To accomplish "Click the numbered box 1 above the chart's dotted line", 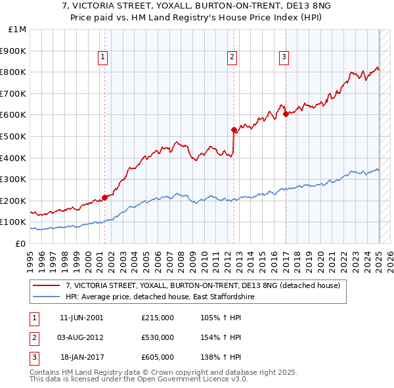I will pyautogui.click(x=104, y=58).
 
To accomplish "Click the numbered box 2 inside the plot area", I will pyautogui.click(x=232, y=58).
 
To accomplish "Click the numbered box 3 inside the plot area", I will pyautogui.click(x=284, y=58).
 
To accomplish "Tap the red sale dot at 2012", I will pyautogui.click(x=233, y=130).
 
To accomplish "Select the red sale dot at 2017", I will pyautogui.click(x=285, y=114).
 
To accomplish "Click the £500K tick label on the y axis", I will pyautogui.click(x=14, y=136).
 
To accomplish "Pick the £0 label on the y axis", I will pyautogui.click(x=20, y=243).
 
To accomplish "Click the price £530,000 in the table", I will pyautogui.click(x=158, y=337).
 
